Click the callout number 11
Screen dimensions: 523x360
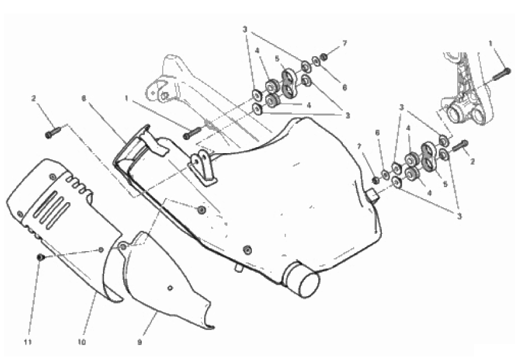coord(28,342)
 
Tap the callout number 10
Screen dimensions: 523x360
coord(81,342)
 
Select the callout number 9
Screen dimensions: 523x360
coord(139,342)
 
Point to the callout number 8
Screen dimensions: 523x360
coord(84,98)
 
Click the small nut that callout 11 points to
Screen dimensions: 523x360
coord(40,257)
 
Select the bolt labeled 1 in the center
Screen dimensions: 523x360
coord(193,133)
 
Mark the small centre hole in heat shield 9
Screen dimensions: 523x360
coord(170,288)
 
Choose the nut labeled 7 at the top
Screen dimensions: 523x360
coord(323,57)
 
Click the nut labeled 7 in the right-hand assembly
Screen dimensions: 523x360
coord(375,180)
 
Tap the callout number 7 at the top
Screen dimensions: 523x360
coord(345,43)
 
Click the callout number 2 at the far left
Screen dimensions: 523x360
coord(33,98)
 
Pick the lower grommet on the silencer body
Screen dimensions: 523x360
coord(247,249)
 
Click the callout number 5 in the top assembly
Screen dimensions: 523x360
coord(277,59)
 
